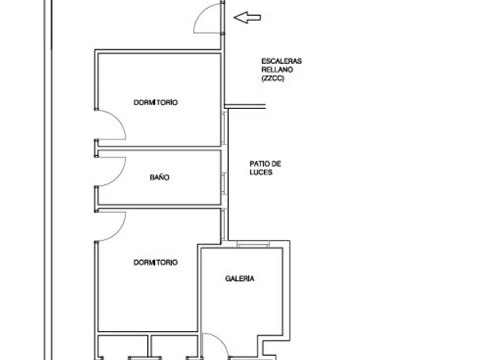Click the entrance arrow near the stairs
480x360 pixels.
tap(247, 18)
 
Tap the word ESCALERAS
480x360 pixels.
tap(282, 62)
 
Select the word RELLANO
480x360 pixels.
tap(278, 70)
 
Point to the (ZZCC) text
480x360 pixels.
tap(273, 78)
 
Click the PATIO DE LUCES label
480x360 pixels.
tap(266, 168)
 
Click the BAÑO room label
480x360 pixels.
tap(159, 178)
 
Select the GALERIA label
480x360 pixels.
tap(240, 278)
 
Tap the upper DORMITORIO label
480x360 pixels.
tap(155, 102)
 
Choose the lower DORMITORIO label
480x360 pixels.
tap(155, 262)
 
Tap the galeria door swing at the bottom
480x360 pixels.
tap(221, 341)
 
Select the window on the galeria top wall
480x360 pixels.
tap(253, 244)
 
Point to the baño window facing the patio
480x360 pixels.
tap(224, 183)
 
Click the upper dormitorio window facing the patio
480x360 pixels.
tap(224, 127)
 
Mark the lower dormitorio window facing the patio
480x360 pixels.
tap(224, 224)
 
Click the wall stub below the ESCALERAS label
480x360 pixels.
tap(245, 106)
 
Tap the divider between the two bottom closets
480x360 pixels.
tap(150, 346)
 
